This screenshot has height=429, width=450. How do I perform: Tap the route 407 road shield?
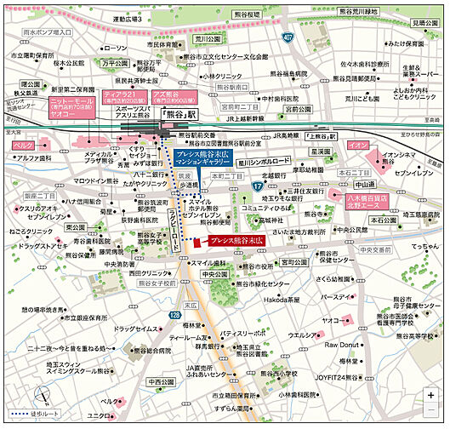coord(288,37)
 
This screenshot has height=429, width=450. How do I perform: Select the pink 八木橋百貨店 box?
coord(367,200)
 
